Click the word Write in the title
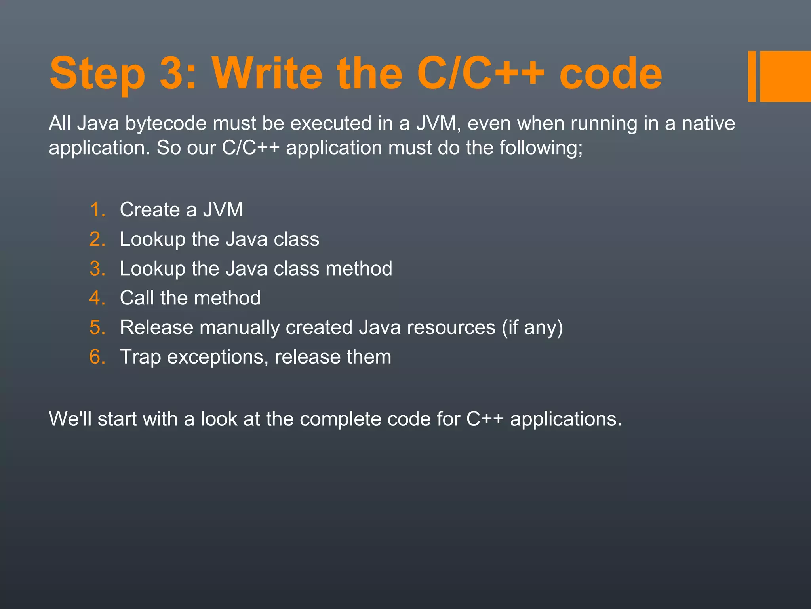(x=268, y=74)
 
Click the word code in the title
(x=610, y=74)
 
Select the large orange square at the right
(x=785, y=76)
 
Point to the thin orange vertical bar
(x=752, y=76)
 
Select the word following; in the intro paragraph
(x=541, y=148)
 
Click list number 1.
(x=97, y=210)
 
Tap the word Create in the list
(x=150, y=210)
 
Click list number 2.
(x=97, y=239)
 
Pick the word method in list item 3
(x=359, y=269)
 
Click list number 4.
(x=97, y=298)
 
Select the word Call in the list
(x=137, y=298)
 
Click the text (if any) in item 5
(x=532, y=327)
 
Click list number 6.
(x=97, y=357)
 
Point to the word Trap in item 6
(x=140, y=357)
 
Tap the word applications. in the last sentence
(x=566, y=419)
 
